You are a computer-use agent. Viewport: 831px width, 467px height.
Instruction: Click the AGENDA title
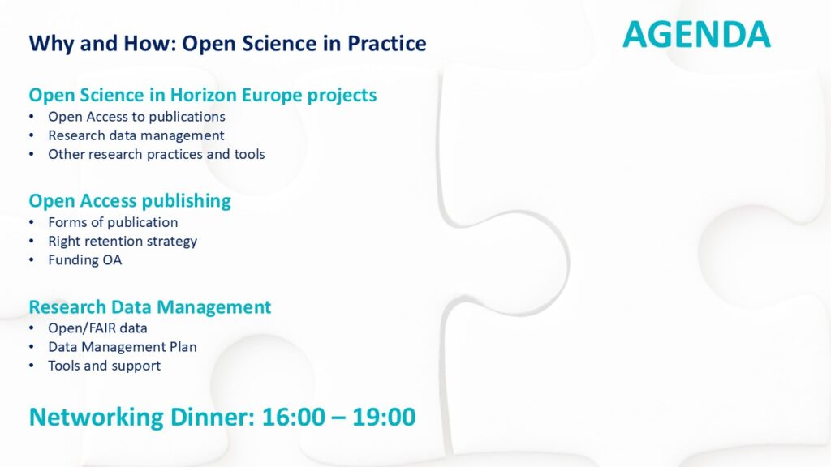(696, 34)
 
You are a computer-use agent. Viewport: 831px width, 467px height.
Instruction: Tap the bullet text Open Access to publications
(136, 117)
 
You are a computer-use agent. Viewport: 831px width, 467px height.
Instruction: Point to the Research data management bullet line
(136, 135)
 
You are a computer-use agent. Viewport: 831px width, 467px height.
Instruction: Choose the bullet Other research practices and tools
(157, 155)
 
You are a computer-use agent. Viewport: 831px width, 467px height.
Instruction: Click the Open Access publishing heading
(130, 201)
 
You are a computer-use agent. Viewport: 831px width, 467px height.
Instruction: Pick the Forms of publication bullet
(113, 222)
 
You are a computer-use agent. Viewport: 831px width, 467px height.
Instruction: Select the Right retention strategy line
(123, 242)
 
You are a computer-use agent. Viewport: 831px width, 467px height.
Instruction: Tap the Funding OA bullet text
(84, 260)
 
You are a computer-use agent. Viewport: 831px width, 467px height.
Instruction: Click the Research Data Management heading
(150, 307)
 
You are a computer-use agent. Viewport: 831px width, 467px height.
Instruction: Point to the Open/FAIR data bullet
(97, 328)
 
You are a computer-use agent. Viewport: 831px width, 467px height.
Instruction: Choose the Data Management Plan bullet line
(123, 347)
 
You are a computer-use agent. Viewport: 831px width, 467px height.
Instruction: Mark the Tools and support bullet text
(105, 366)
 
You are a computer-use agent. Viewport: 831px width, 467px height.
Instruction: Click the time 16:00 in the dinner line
(294, 418)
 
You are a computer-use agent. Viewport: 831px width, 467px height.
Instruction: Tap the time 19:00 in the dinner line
(384, 418)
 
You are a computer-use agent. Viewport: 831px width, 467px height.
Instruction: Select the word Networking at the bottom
(96, 418)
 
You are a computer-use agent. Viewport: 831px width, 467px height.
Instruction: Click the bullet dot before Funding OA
(32, 260)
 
